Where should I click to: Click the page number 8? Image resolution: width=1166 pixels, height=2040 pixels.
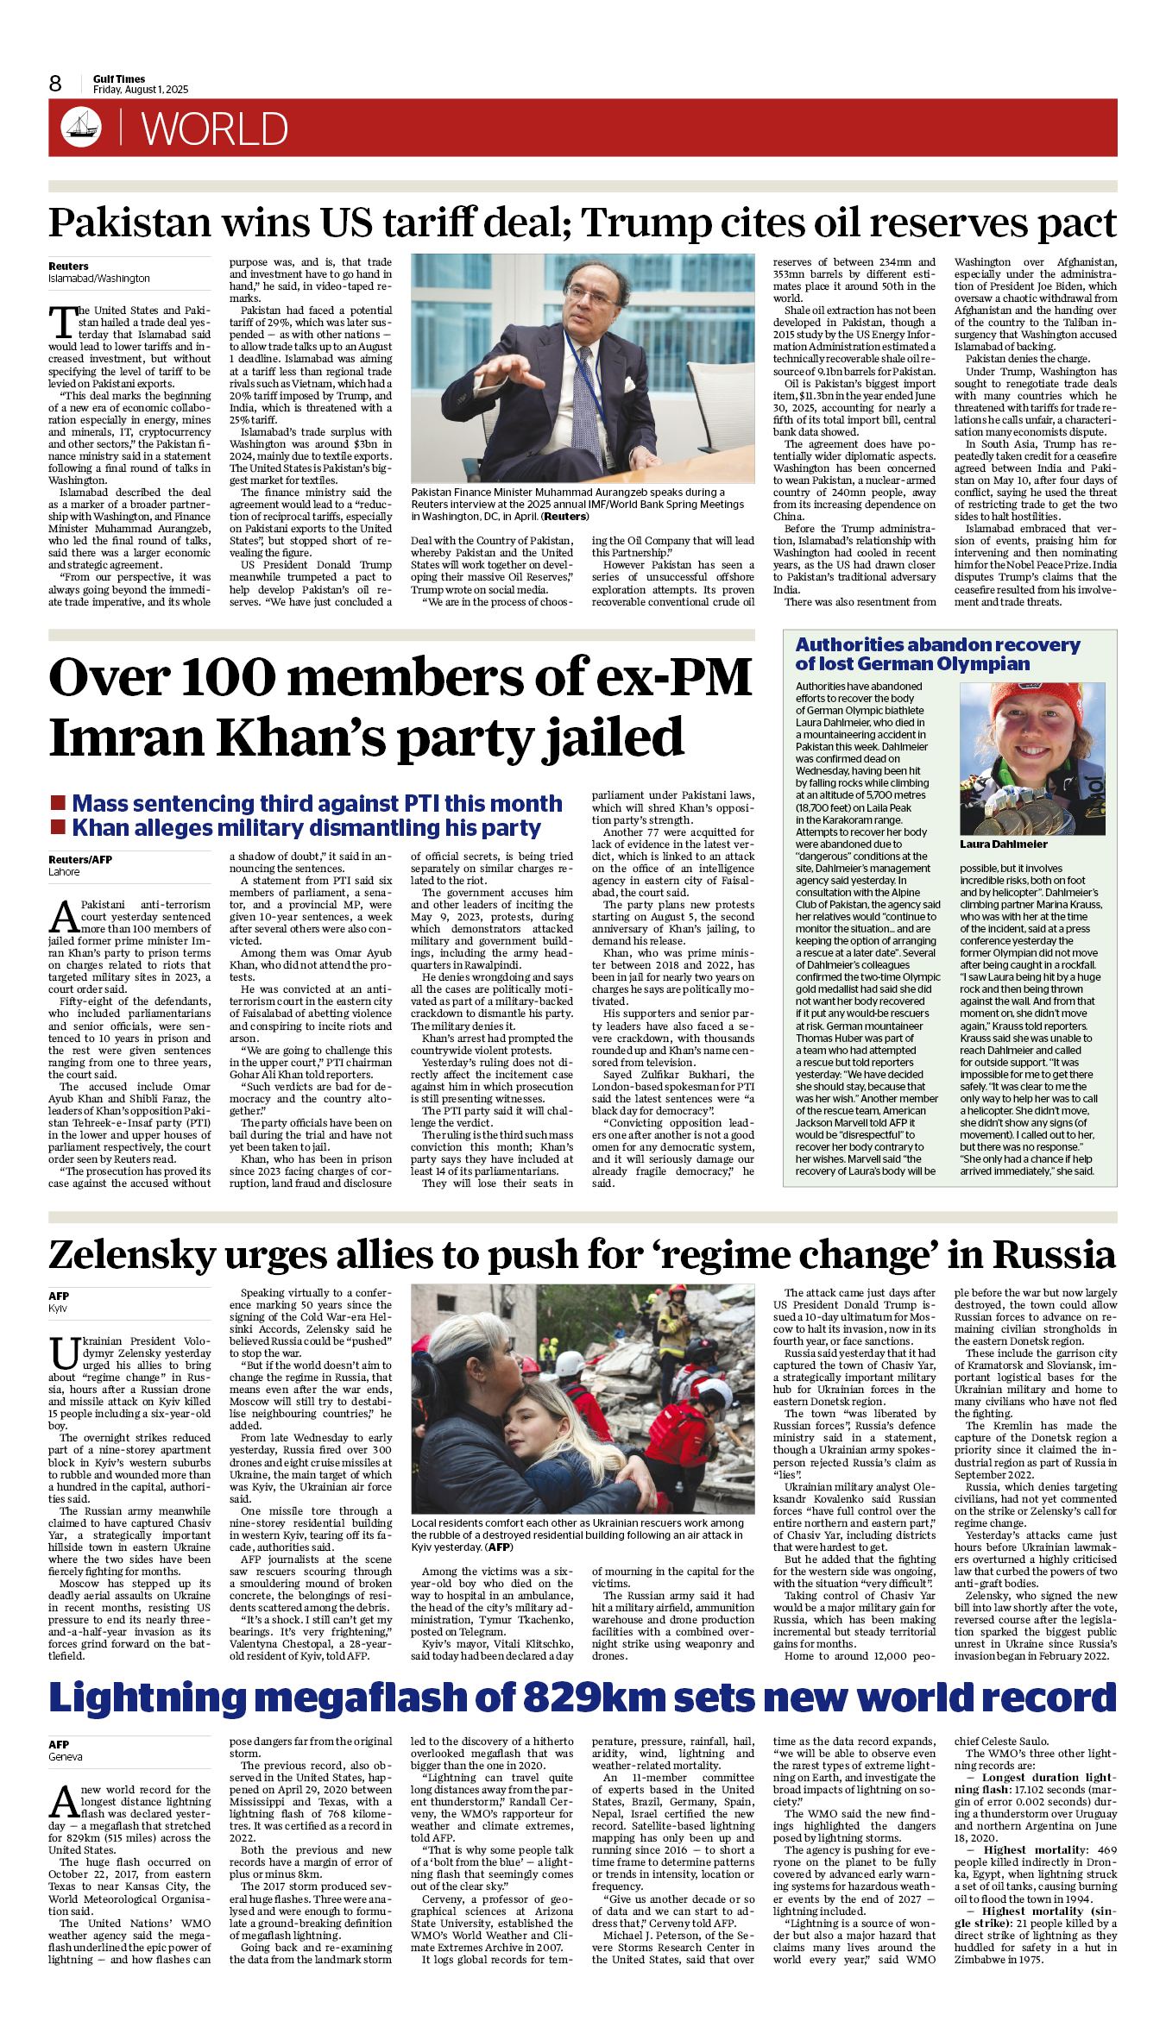[x=55, y=84]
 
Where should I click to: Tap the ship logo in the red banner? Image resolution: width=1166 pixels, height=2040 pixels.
[x=81, y=127]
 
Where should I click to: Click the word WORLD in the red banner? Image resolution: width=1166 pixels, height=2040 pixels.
[x=214, y=129]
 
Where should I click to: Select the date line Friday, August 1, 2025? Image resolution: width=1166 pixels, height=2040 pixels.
[x=141, y=90]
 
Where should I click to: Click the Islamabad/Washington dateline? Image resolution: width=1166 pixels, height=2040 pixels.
[x=99, y=279]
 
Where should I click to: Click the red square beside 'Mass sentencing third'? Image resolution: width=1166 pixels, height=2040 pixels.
[x=59, y=803]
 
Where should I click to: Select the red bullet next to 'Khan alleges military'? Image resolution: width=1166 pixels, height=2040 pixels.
[x=59, y=827]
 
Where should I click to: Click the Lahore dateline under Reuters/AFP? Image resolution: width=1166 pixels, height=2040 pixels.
[x=64, y=872]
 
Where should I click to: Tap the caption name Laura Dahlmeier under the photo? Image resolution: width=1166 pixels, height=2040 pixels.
[x=1003, y=844]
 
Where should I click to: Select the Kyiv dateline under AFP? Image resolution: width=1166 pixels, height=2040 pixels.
[x=58, y=1309]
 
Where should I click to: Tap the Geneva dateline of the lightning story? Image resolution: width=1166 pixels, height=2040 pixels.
[x=66, y=1756]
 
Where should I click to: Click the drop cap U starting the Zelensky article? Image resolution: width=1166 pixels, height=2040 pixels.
[x=65, y=1353]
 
